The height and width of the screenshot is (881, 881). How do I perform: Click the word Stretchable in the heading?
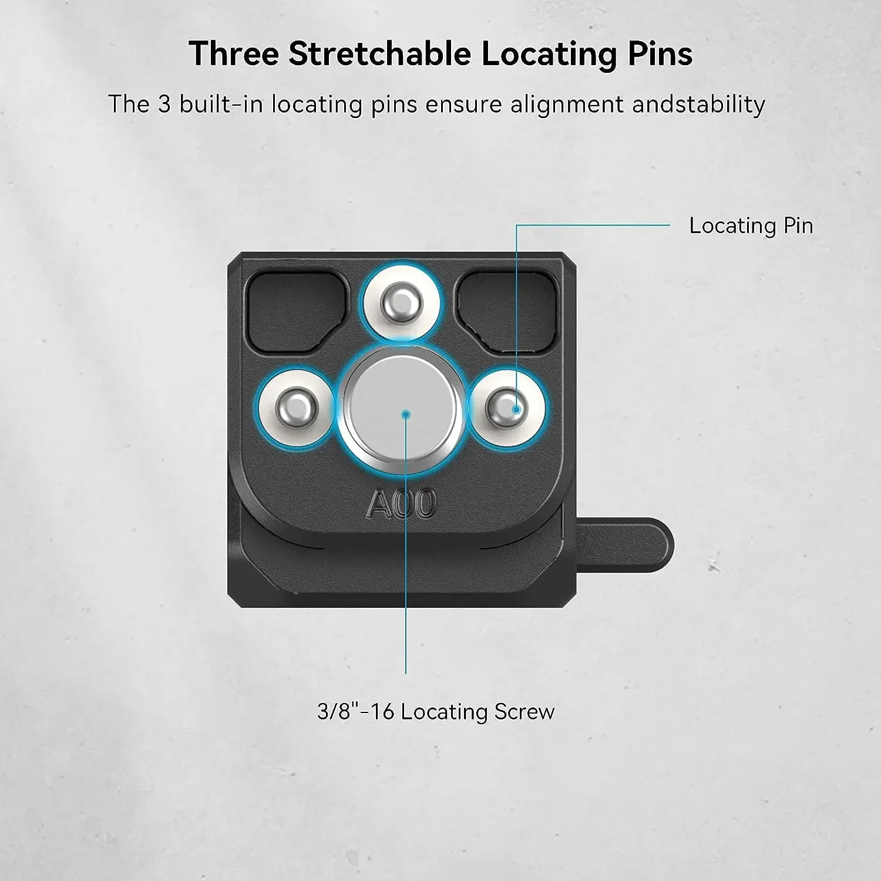pos(379,53)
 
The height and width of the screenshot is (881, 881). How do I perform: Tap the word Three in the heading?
pos(234,53)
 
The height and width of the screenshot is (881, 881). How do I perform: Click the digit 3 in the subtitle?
pos(164,105)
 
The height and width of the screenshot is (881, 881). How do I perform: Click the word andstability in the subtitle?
pos(699,105)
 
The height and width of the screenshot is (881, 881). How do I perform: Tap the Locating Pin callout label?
pos(751,226)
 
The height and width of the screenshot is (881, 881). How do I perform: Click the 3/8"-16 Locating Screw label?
pos(436,712)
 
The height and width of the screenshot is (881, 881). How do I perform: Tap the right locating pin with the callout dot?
pos(507,406)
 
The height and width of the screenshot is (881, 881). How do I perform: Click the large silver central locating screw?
pos(402,409)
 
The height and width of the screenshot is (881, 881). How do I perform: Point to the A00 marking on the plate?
pos(402,503)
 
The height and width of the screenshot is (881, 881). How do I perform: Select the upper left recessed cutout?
pos(297,312)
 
